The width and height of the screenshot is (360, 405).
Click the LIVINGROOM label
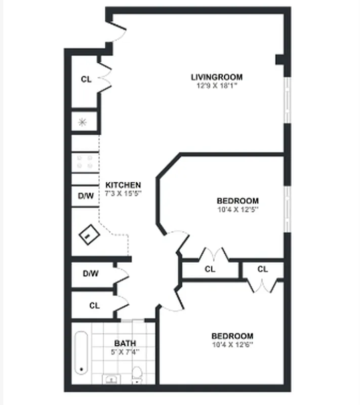[216, 77]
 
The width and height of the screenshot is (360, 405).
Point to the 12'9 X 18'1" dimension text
[216, 86]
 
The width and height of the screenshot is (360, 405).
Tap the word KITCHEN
[123, 185]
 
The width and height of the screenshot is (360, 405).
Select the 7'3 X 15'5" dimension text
[123, 193]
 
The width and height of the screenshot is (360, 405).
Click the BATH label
[125, 343]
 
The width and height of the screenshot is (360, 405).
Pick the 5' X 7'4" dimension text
[125, 352]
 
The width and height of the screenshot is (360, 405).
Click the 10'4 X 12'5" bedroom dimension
[237, 209]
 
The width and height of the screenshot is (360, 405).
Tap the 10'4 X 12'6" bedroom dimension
[232, 344]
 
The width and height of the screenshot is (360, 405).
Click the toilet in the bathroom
[136, 375]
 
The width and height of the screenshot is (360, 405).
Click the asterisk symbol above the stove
[83, 121]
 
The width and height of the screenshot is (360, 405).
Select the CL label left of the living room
[86, 79]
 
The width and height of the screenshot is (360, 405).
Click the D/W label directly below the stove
[86, 196]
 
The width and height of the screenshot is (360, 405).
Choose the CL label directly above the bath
[94, 306]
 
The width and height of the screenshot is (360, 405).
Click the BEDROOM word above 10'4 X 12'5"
[237, 200]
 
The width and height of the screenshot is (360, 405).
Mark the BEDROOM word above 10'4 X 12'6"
[232, 336]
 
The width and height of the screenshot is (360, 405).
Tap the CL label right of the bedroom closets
[262, 269]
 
